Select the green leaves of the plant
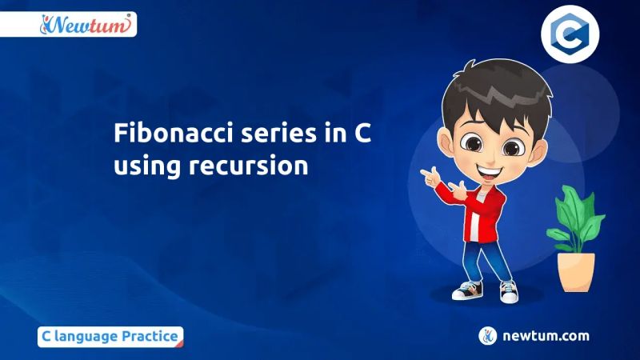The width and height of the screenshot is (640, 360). coord(575,216)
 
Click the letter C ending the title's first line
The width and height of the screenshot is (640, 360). coord(362,134)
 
